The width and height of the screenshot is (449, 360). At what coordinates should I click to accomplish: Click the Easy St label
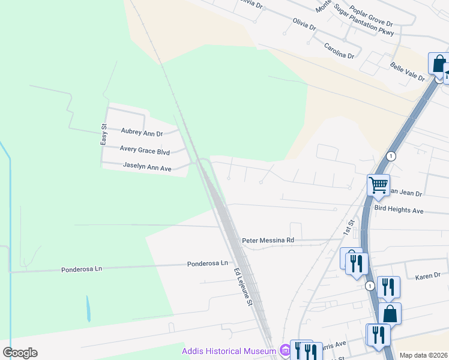[103, 134]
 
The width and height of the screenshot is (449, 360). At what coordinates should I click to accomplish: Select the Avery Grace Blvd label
[145, 150]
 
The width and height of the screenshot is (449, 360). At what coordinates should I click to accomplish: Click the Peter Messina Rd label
[268, 240]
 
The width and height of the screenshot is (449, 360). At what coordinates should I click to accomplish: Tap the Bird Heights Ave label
[399, 211]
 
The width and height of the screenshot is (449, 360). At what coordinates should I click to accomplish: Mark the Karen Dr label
[427, 277]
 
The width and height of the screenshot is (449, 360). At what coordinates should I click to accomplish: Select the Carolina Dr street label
[339, 50]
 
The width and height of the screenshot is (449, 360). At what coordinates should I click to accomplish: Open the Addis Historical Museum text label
[229, 351]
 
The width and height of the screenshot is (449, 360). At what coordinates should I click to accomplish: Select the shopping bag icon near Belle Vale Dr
[438, 62]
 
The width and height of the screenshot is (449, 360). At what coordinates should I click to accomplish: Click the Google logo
[20, 353]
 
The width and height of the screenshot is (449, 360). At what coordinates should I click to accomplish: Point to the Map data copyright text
[423, 355]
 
